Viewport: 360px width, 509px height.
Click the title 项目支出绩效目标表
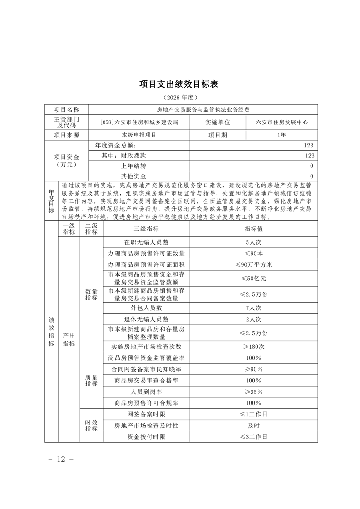click(180, 84)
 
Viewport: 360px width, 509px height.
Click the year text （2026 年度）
click(180, 98)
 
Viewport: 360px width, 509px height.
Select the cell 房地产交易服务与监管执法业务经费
click(202, 109)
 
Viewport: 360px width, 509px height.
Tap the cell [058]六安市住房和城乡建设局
click(139, 122)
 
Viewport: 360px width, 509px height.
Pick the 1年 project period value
click(282, 135)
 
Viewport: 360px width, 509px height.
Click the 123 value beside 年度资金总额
click(309, 146)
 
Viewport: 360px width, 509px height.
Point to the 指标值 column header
click(254, 230)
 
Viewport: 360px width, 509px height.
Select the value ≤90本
click(254, 253)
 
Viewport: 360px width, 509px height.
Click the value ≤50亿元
click(254, 278)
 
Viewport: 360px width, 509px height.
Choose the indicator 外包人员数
click(146, 308)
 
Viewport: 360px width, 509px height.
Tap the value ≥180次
click(254, 346)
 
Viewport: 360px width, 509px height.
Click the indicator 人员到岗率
click(146, 392)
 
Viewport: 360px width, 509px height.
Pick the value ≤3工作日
click(254, 436)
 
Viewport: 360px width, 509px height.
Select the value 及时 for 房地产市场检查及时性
click(254, 426)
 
